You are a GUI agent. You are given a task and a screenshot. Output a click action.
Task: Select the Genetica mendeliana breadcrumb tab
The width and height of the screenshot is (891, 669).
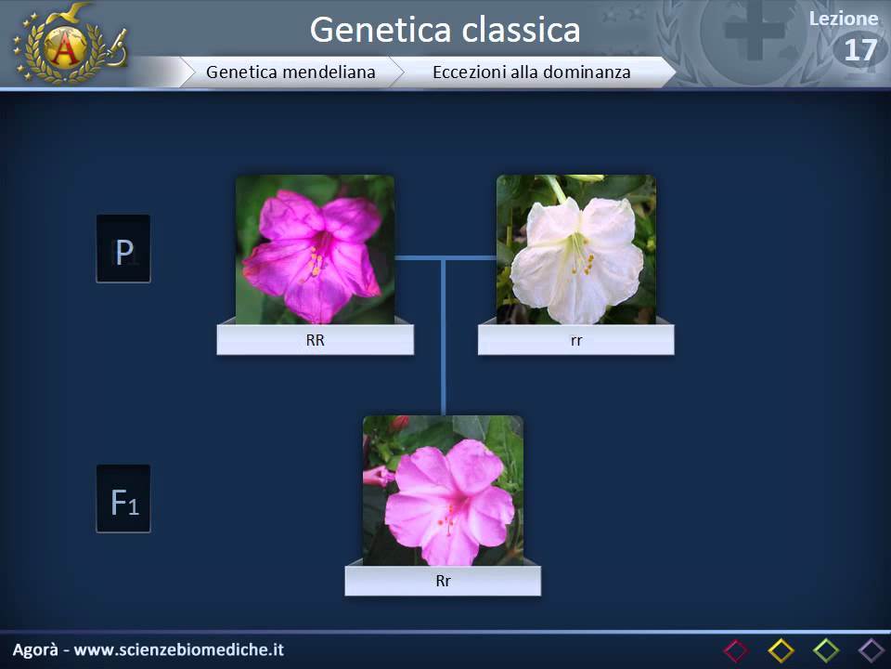click(x=291, y=72)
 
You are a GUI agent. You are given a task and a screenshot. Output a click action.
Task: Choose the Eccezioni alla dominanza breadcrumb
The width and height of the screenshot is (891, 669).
click(x=531, y=72)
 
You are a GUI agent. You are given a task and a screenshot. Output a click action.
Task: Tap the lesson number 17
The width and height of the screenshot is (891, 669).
click(x=859, y=50)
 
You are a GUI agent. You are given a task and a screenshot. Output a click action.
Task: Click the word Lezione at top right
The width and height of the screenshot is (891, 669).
click(x=843, y=19)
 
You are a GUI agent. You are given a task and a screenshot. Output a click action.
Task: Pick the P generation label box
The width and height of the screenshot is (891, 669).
click(x=123, y=249)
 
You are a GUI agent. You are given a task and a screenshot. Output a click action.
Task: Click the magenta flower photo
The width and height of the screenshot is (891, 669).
click(x=315, y=249)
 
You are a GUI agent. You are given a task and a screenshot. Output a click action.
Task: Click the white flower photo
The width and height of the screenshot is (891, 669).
click(x=575, y=249)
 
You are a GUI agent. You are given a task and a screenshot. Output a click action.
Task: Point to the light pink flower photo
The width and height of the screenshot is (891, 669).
click(x=443, y=490)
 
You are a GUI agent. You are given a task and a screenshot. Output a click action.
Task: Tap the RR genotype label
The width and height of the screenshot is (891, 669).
click(x=315, y=340)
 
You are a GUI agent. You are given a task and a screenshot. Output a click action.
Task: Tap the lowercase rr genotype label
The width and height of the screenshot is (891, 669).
click(x=575, y=340)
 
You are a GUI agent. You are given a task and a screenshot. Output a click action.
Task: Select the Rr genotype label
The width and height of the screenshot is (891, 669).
click(x=443, y=582)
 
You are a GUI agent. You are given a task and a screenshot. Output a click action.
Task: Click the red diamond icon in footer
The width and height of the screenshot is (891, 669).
click(x=735, y=650)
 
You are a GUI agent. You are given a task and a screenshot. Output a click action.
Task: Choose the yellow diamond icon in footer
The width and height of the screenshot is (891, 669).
click(x=781, y=650)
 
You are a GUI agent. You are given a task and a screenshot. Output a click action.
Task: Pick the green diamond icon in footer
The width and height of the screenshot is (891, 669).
click(x=826, y=650)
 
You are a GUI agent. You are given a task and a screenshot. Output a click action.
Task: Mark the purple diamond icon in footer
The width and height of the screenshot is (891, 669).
click(x=871, y=650)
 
